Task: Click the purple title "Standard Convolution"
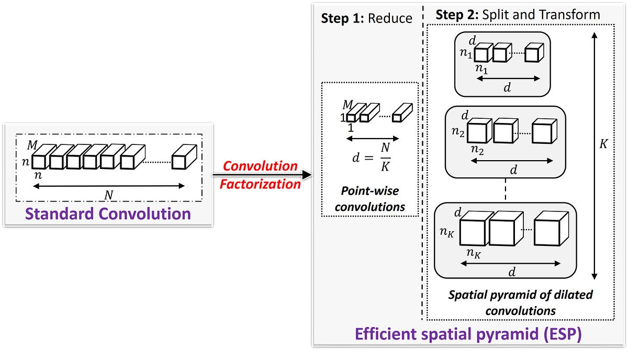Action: (x=108, y=213)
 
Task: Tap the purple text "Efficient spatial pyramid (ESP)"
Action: (x=468, y=334)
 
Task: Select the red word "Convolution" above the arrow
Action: (x=260, y=166)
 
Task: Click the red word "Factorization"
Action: (x=260, y=184)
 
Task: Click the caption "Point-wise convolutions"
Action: (x=369, y=199)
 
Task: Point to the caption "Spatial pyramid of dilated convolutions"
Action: (x=520, y=302)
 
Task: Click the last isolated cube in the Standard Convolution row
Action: (x=184, y=157)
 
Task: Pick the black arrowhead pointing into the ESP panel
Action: (x=306, y=175)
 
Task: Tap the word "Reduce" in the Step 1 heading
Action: (x=390, y=18)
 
